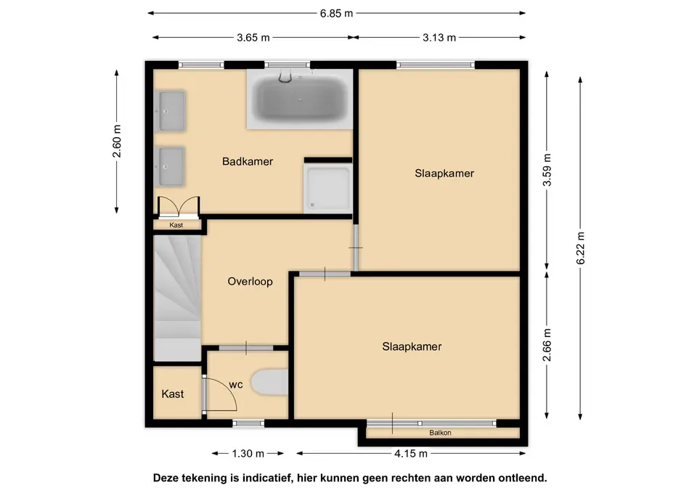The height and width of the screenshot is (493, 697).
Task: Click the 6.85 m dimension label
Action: [x=336, y=13]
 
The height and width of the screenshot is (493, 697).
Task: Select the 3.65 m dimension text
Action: [x=253, y=38]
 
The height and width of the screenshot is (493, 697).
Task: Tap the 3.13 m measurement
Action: [x=439, y=38]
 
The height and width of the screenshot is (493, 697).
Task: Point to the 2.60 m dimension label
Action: [x=116, y=142]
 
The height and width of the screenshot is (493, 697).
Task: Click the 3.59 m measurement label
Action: [x=547, y=170]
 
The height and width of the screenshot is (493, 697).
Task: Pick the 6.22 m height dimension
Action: [x=581, y=248]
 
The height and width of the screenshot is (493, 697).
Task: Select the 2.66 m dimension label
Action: [x=547, y=345]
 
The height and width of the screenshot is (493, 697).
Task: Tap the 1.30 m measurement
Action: [x=248, y=454]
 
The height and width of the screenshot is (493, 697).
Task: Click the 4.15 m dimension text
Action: [x=411, y=454]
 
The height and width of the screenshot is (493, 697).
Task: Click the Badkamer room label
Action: [x=248, y=161]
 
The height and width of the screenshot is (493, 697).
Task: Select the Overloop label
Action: [x=250, y=282]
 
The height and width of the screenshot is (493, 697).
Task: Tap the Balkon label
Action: [x=440, y=433]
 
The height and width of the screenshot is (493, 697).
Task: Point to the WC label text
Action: [x=236, y=385]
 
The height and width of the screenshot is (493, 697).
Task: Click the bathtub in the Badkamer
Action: [x=300, y=99]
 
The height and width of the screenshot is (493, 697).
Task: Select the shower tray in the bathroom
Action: [x=327, y=189]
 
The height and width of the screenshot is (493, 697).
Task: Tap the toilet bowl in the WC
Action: [x=269, y=382]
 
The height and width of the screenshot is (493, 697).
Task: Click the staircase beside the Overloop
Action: [x=177, y=298]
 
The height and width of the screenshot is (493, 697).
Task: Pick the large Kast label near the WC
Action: [x=173, y=394]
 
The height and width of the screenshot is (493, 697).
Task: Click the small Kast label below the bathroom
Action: [x=176, y=225]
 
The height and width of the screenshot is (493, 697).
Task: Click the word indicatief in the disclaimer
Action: [x=264, y=478]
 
